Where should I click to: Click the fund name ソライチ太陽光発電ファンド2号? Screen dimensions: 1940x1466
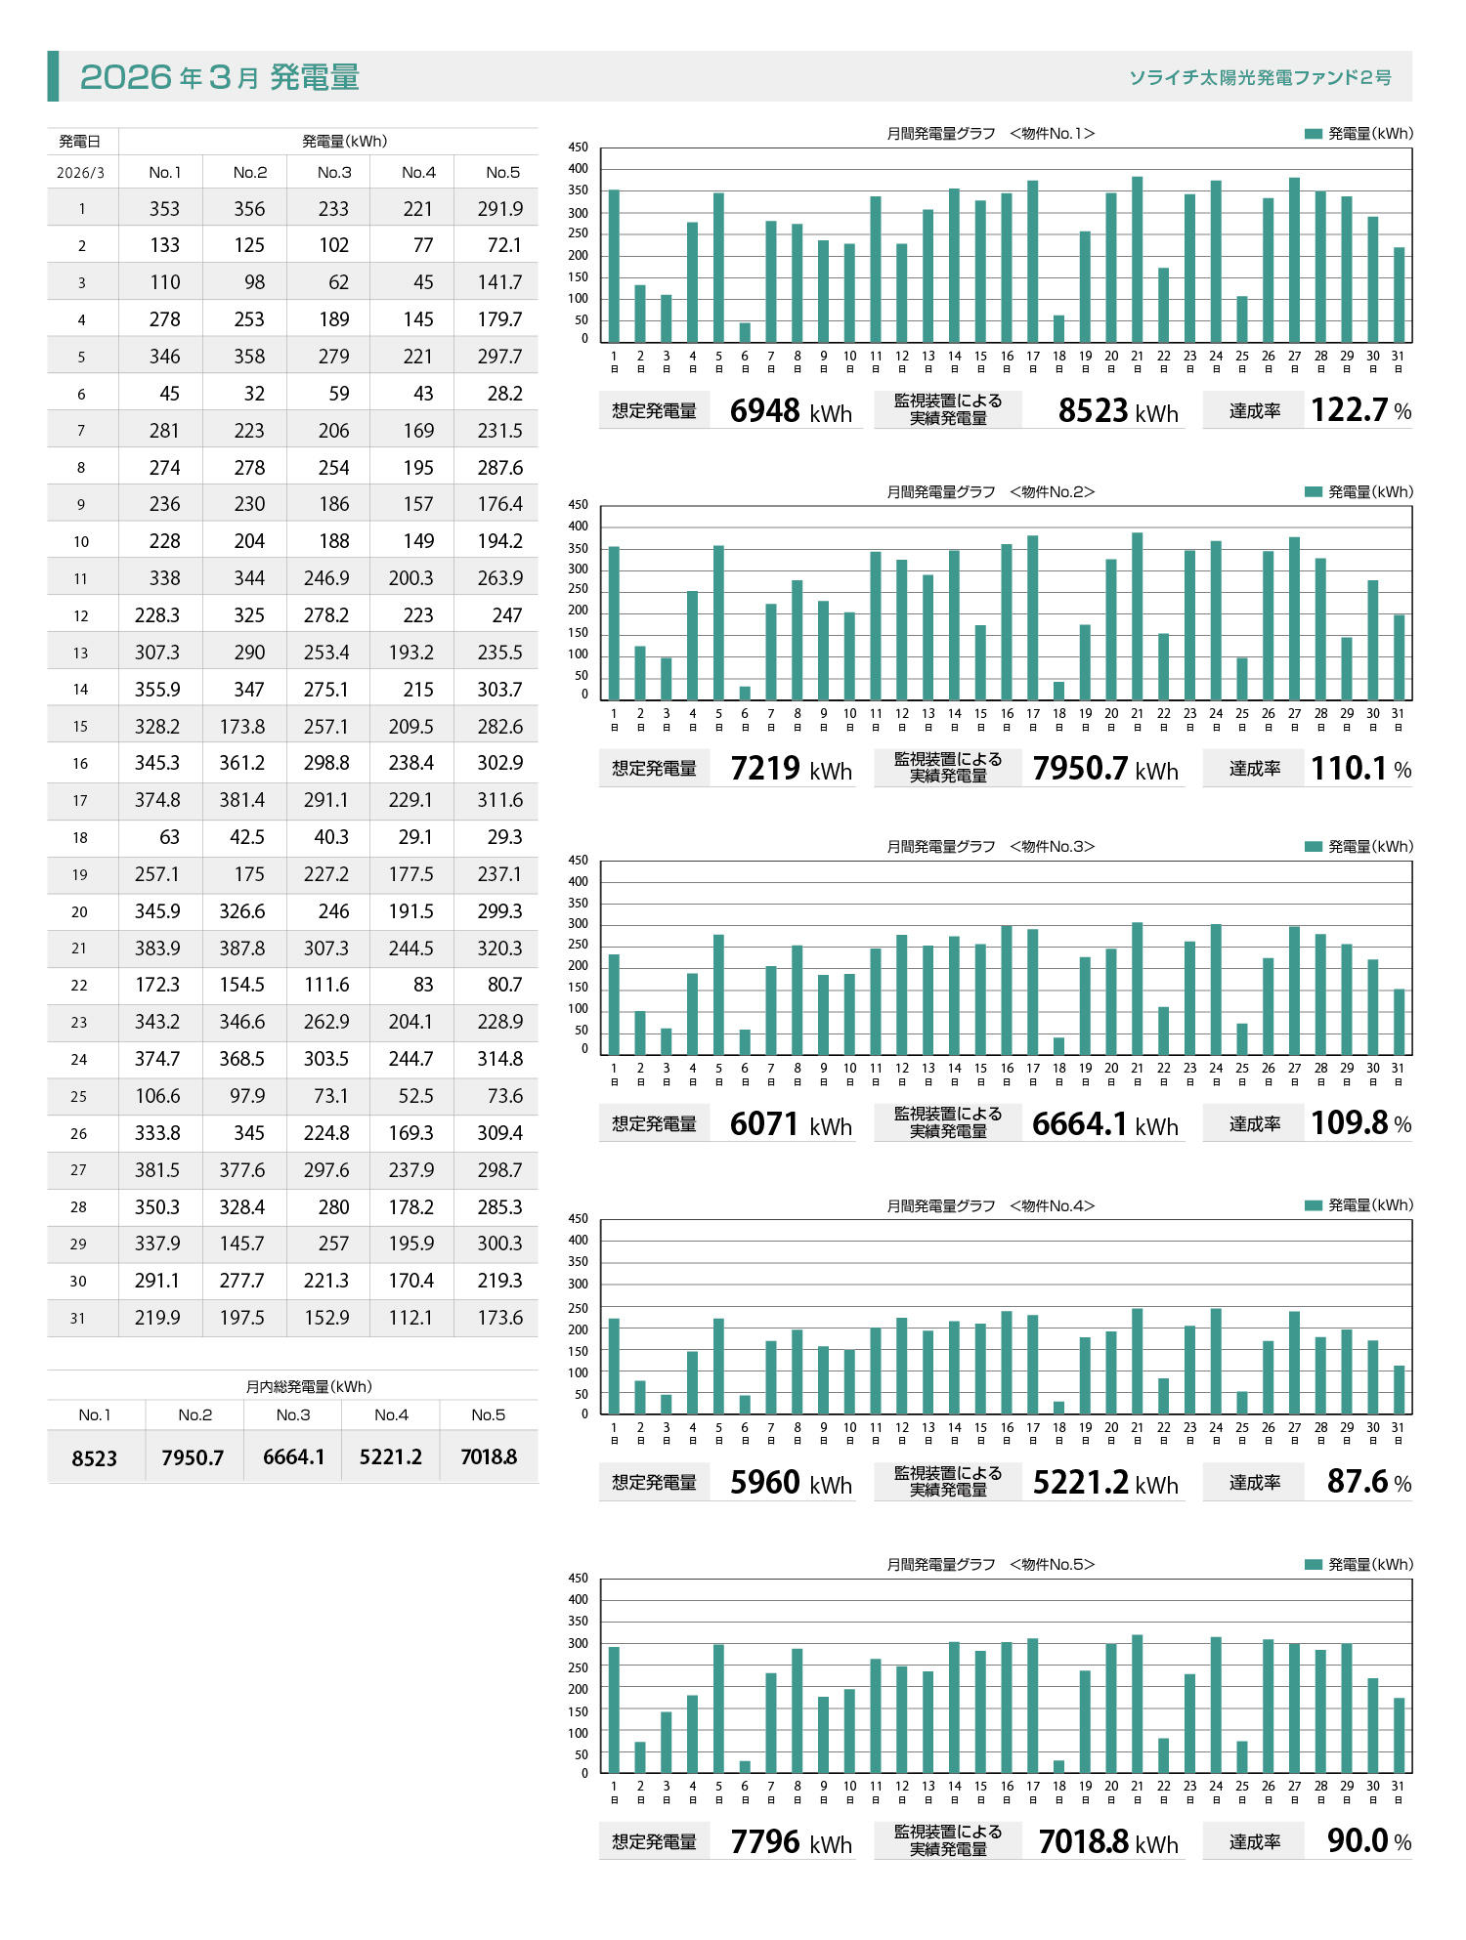(x=1260, y=77)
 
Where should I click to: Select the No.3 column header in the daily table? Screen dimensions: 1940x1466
(x=334, y=172)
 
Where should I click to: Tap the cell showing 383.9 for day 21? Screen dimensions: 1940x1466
(x=157, y=948)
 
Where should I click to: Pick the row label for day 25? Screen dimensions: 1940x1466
(x=78, y=1096)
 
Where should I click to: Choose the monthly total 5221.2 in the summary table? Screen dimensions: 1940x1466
(x=391, y=1456)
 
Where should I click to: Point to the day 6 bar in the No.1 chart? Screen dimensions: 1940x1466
(x=745, y=332)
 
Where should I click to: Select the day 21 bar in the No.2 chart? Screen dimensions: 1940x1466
(x=1137, y=615)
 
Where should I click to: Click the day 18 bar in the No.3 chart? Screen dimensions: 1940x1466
(x=1058, y=1046)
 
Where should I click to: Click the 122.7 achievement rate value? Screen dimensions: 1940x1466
(x=1348, y=410)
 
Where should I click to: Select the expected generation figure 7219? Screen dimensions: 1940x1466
(x=765, y=769)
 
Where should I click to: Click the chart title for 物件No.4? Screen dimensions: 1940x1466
(x=990, y=1205)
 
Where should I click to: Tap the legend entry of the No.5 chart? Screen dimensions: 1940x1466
(x=1358, y=1564)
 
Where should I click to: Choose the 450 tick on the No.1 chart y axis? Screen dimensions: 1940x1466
(x=579, y=148)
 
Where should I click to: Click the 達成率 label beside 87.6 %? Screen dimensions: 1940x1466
(x=1255, y=1482)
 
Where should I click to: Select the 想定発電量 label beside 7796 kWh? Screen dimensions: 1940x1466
(x=654, y=1841)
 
